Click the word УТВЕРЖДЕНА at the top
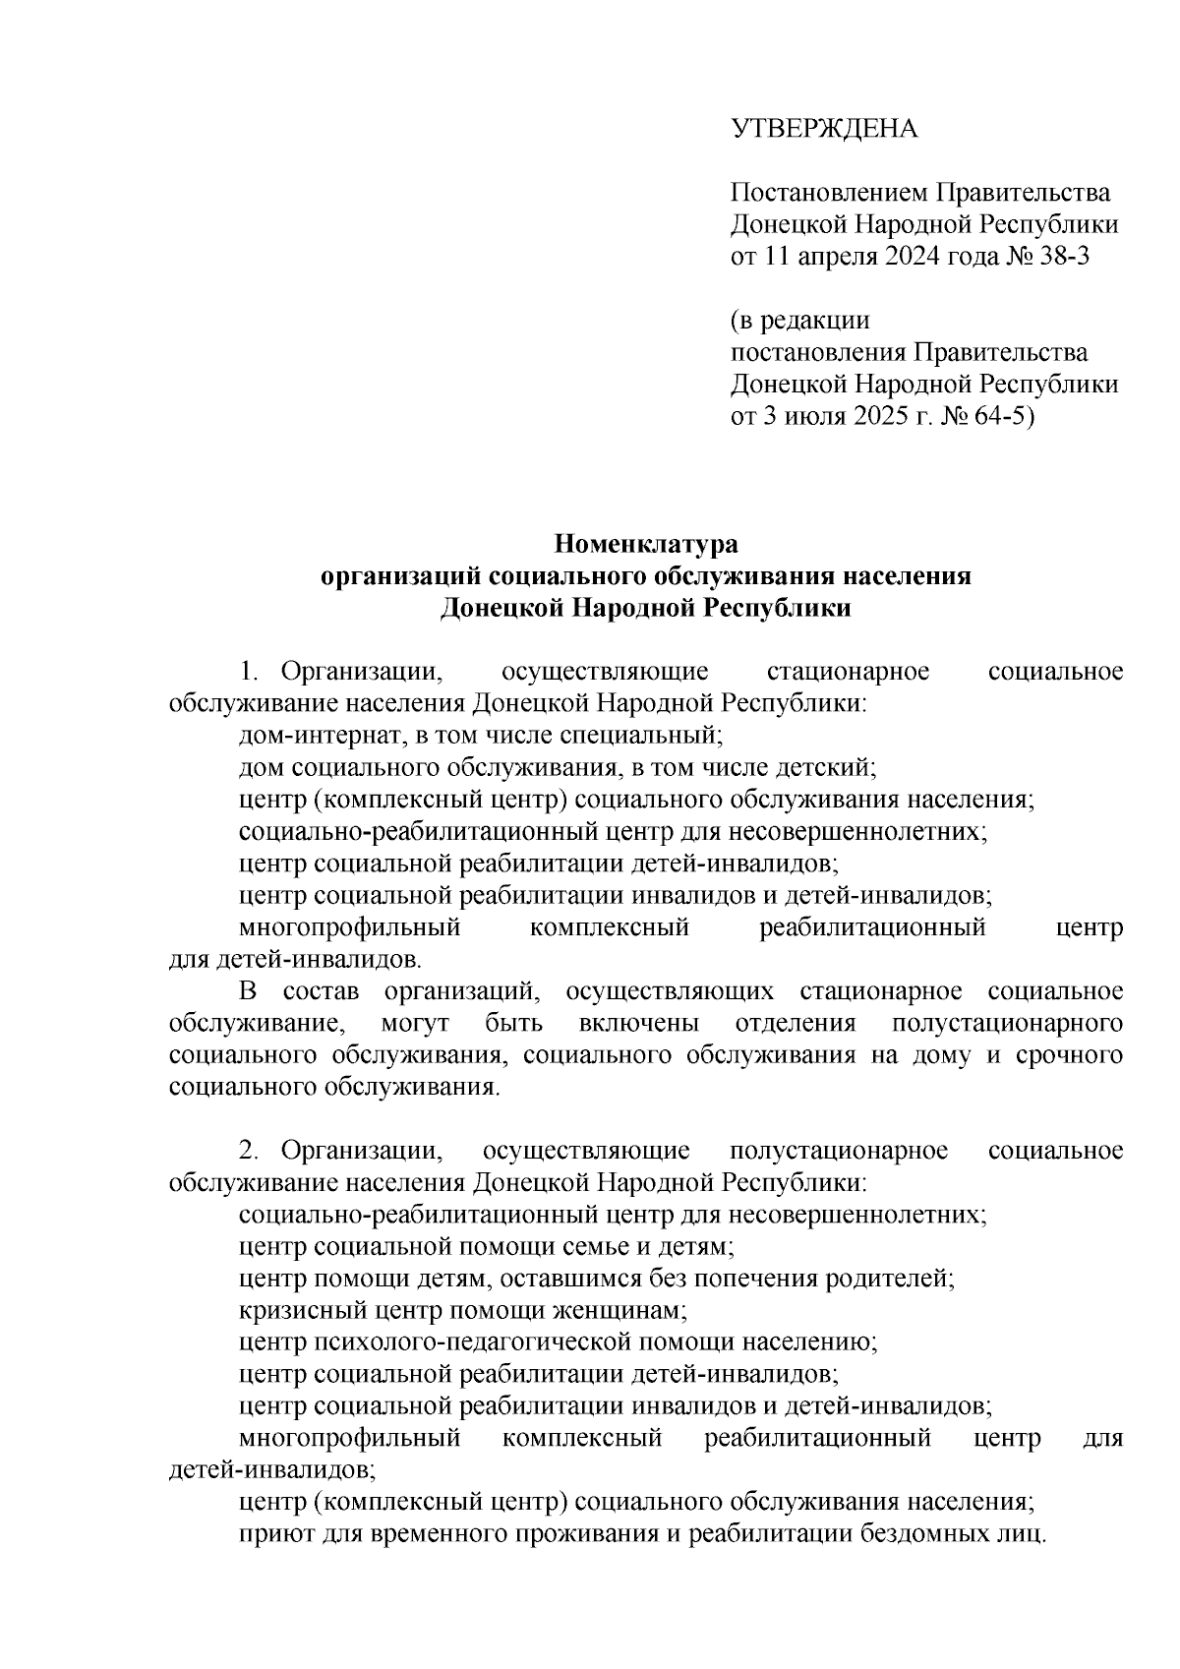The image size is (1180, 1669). pos(823,129)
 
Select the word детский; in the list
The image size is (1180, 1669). pos(825,768)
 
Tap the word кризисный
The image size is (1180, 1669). pos(292,1311)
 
